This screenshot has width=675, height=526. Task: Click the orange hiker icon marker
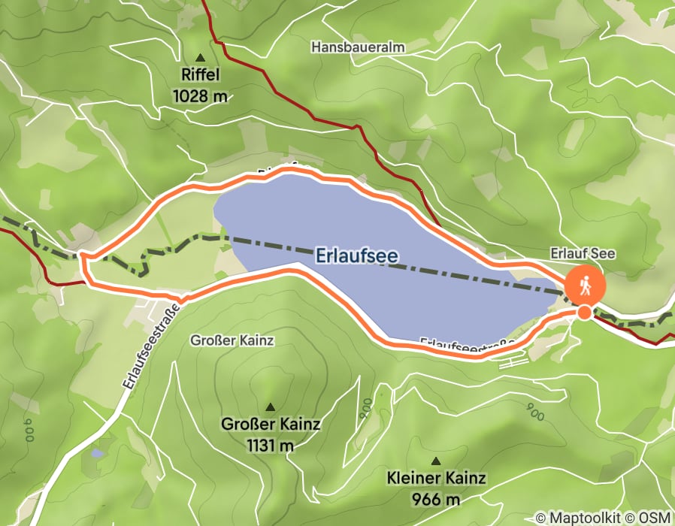(x=584, y=285)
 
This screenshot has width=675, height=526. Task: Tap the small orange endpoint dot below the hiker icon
(x=584, y=312)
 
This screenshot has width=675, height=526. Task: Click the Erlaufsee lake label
(x=356, y=256)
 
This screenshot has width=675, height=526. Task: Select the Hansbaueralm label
(x=358, y=47)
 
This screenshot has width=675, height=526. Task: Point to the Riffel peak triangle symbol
(x=200, y=58)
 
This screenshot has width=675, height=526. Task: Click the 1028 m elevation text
(x=199, y=95)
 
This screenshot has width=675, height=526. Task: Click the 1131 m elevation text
(x=270, y=445)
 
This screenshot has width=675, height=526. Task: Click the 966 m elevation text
(x=436, y=498)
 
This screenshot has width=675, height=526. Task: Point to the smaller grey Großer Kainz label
(x=233, y=340)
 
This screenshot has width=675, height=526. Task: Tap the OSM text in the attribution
(x=656, y=518)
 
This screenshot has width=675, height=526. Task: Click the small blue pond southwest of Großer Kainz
(x=97, y=453)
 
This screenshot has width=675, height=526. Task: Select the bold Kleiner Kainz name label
(x=436, y=478)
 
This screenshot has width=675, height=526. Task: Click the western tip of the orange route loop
(x=81, y=258)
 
